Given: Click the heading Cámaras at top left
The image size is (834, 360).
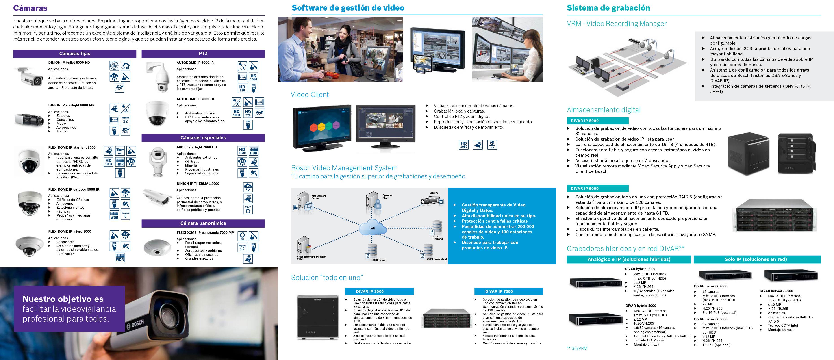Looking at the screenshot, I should coord(30,8).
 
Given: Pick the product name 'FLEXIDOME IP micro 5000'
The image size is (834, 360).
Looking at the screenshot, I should coord(69,232).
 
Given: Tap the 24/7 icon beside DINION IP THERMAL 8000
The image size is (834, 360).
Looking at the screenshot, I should coord(248,209).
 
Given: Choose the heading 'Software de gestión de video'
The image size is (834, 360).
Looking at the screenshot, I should coord(348,8).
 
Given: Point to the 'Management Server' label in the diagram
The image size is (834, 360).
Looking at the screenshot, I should coord(319,197).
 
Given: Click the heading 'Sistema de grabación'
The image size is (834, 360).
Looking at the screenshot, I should coord(608,8).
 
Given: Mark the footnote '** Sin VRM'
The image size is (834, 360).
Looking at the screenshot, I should coord(577,348).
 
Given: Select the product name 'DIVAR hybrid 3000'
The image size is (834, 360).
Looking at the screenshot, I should coord(640,269).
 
